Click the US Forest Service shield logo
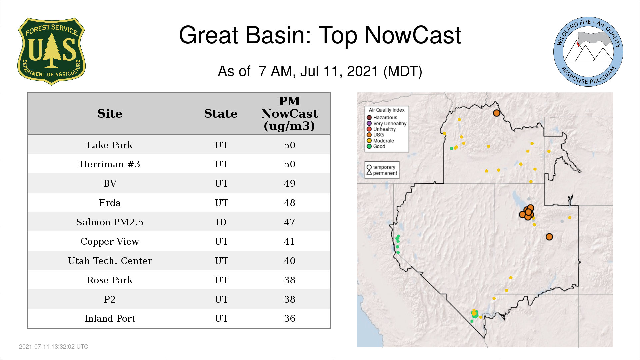coord(51,51)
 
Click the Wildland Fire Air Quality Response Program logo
coord(588,52)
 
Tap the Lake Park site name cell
coord(110,145)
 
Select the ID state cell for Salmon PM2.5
coord(221,222)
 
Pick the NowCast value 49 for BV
coord(290,183)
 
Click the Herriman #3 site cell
coord(110,164)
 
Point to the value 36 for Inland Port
coord(290,318)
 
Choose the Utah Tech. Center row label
coord(110,261)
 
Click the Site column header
coord(110,114)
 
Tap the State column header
coord(221,114)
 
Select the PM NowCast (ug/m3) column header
coord(289,114)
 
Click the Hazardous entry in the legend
coord(382,118)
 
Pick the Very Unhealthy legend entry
coord(387,124)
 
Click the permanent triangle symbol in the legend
coord(369,173)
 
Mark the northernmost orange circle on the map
coord(497,113)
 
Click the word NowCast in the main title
coord(413,35)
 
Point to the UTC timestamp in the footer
coord(54,347)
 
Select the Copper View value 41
coord(289,241)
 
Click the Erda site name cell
coord(110,203)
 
